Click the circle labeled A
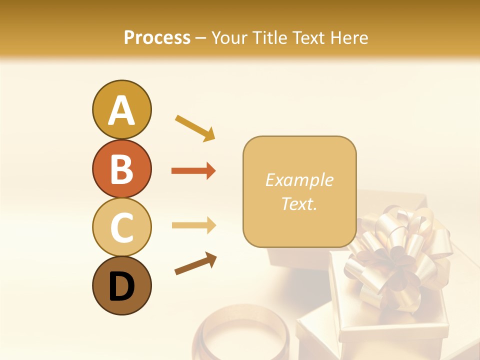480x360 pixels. (121, 109)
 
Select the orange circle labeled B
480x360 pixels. (121, 168)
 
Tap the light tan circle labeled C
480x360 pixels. (121, 227)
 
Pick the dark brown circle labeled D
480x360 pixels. (121, 285)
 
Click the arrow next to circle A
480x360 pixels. (195, 127)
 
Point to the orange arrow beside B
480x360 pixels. (193, 171)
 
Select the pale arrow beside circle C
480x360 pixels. (193, 225)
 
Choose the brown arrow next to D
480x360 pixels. (195, 263)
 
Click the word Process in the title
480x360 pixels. (157, 38)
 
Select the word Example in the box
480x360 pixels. (299, 180)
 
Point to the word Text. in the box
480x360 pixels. (299, 203)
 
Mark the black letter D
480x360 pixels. (121, 286)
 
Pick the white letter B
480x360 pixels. (121, 169)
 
